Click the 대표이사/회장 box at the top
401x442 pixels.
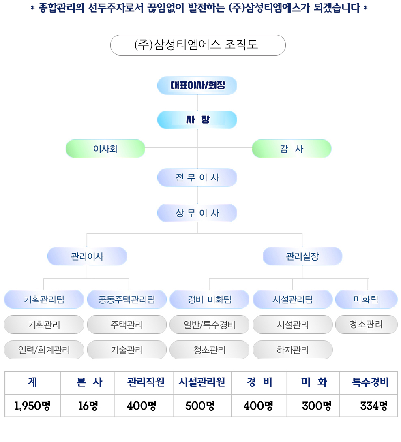(197, 85)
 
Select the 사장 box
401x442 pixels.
(197, 120)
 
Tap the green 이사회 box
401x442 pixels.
(105, 149)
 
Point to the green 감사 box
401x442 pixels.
(292, 149)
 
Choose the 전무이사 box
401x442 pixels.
(197, 177)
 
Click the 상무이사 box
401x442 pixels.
(197, 213)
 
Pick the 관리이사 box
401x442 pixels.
(87, 256)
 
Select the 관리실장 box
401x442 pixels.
(302, 256)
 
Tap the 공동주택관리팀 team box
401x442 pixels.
(127, 299)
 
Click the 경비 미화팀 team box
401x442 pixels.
(209, 299)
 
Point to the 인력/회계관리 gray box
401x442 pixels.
(44, 350)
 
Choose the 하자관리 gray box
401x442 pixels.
(293, 350)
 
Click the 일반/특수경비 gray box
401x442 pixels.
(209, 325)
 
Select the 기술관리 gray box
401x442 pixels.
(127, 350)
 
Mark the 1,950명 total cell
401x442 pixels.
(32, 406)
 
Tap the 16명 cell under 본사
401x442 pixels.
(88, 406)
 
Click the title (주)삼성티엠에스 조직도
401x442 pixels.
(198, 45)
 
